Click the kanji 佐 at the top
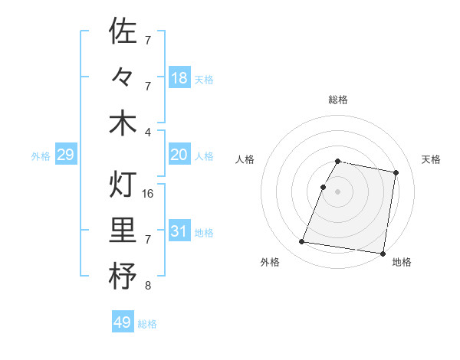point(123,31)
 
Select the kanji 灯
point(123,185)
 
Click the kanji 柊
point(123,276)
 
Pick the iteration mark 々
point(123,77)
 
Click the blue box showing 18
point(179,77)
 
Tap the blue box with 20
point(179,155)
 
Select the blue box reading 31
point(179,231)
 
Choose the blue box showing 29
point(65,155)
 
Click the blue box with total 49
point(123,322)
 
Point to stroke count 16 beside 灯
point(148,193)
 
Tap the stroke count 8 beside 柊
point(148,286)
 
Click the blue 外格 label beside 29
point(41,156)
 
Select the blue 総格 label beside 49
point(147,323)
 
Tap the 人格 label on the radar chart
point(245,159)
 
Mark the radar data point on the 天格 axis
point(396,173)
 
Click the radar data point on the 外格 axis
point(302,242)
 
